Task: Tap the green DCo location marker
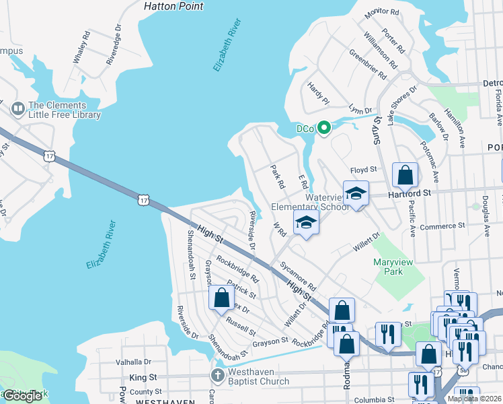point(323,127)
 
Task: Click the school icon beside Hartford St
point(356,194)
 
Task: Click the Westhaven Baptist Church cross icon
point(217,374)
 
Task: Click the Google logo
point(23,396)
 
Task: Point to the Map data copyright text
point(473,399)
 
